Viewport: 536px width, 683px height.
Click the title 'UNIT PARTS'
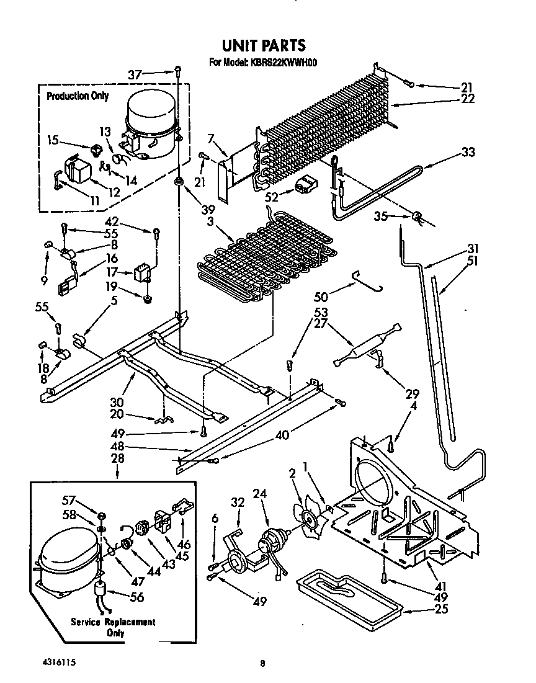(264, 45)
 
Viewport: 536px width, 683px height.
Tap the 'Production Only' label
(78, 96)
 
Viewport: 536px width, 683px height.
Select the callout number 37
(135, 74)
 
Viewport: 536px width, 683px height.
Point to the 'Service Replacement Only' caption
(113, 627)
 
